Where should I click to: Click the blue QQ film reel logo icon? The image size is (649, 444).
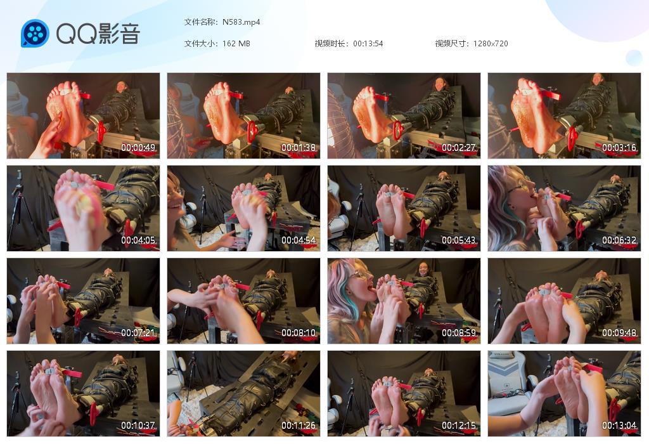point(35,33)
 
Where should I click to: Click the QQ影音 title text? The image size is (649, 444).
point(98,34)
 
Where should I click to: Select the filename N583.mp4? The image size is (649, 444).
point(241,22)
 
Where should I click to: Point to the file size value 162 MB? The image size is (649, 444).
point(236,44)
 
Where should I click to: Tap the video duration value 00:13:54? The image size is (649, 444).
point(368,44)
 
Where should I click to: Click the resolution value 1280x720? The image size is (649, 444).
point(490,44)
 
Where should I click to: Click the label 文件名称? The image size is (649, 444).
point(200,22)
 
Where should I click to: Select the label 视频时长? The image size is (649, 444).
point(330,44)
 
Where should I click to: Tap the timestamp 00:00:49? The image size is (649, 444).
point(139,148)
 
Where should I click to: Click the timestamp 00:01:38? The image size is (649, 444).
point(299,148)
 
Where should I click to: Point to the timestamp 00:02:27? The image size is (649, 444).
point(459,148)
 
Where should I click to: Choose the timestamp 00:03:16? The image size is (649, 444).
point(620,148)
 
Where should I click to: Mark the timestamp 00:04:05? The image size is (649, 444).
point(139,240)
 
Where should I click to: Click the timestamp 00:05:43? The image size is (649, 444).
point(459,240)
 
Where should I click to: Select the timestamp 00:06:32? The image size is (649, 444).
point(620,240)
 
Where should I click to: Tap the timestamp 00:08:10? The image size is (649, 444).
point(299,333)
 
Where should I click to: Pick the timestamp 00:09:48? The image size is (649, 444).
point(620,333)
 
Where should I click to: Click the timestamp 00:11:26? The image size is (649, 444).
point(299,426)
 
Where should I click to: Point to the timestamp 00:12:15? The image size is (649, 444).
point(459,426)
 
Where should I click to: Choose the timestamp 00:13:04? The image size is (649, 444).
point(620,426)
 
